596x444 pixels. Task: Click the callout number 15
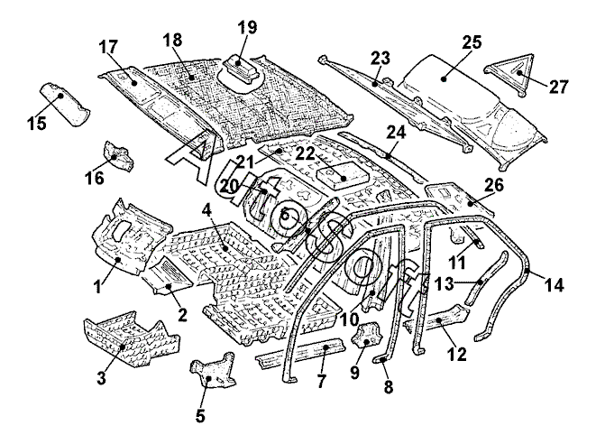tap(37, 122)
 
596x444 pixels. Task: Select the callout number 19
tap(245, 27)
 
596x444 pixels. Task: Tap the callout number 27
tap(559, 86)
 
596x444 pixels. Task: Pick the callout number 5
tap(200, 416)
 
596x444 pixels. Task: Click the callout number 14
tap(553, 285)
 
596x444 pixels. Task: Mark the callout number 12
tap(457, 355)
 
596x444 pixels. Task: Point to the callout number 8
tap(389, 387)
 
